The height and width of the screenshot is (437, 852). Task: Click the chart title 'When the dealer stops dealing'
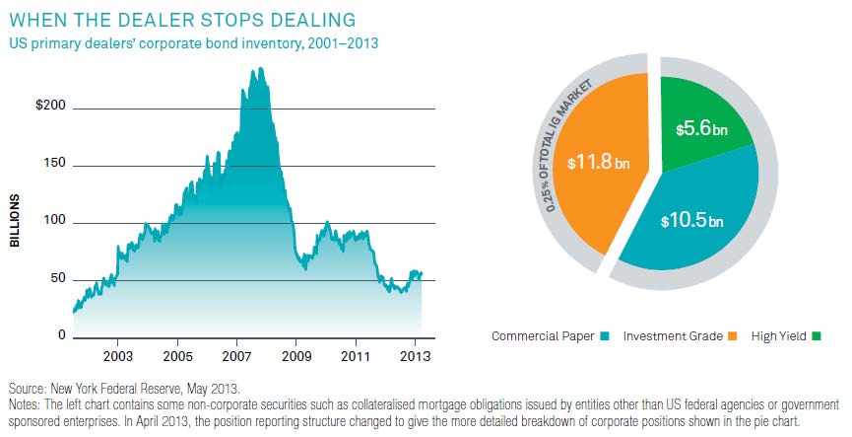(182, 20)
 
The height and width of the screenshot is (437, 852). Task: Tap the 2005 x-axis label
(176, 354)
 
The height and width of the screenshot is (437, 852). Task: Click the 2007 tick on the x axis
(236, 354)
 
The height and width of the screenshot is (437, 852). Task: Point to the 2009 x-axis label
(295, 354)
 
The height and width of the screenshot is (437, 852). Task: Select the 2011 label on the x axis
(356, 354)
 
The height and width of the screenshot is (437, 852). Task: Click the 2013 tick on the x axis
(415, 354)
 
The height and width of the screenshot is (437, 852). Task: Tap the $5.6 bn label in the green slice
(700, 128)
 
